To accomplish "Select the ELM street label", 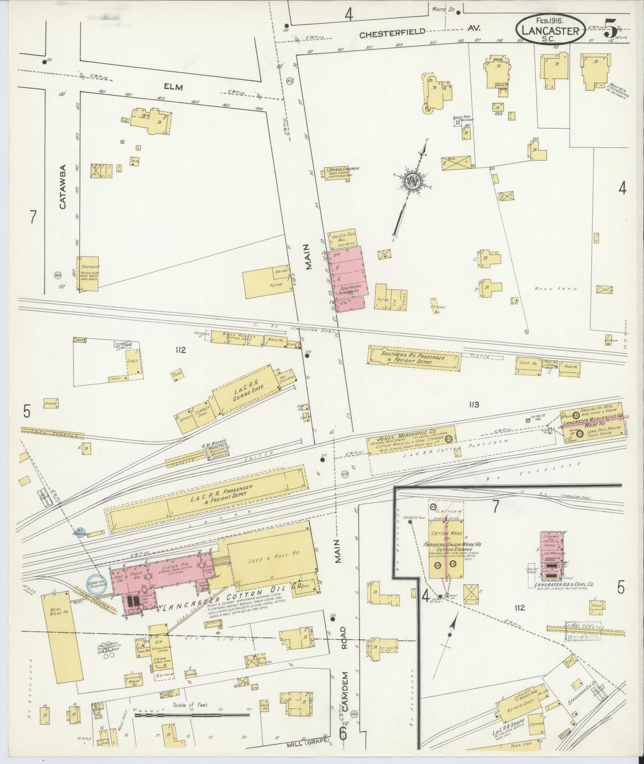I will [173, 87].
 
